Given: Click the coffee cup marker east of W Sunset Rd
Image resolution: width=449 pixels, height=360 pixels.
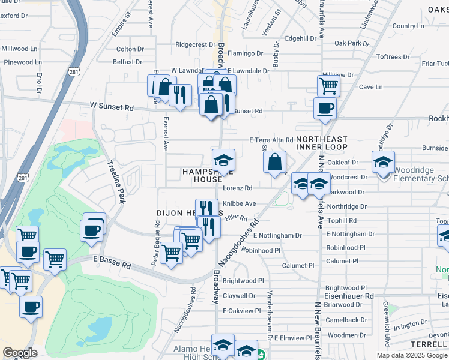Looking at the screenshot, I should pos(325,109).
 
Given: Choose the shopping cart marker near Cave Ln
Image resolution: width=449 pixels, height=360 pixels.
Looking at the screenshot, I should pos(328,85).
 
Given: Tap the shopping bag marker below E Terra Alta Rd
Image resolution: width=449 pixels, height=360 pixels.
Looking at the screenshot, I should pos(274,162).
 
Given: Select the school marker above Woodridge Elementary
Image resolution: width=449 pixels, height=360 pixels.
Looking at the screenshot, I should pos(383,162).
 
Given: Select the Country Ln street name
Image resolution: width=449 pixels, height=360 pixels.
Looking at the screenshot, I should pos(408,26).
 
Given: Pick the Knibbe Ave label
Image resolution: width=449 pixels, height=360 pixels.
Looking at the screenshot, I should pos(239,203).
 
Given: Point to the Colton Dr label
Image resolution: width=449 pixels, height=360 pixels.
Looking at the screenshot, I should pos(130,49).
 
